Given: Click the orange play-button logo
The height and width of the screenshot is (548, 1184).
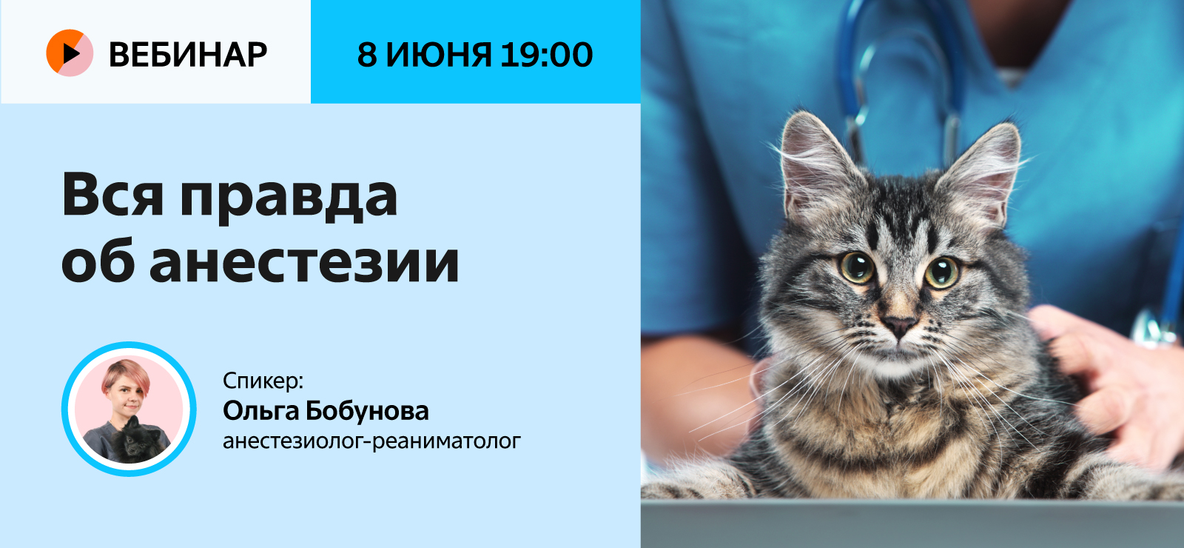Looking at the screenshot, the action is [70, 53].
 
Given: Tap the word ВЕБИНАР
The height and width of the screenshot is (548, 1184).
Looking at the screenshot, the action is [188, 54].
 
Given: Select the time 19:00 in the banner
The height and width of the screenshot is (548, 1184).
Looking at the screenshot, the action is [546, 54].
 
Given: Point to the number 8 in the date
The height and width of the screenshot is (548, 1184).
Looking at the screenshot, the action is [367, 54].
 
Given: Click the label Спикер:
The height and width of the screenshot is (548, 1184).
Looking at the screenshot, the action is [263, 381].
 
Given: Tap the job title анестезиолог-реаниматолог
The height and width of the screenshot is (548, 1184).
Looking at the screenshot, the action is [371, 441].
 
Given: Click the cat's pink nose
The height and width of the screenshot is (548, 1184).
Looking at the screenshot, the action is [899, 324].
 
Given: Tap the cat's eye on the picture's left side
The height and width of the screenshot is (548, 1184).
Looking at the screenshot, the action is [855, 267].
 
